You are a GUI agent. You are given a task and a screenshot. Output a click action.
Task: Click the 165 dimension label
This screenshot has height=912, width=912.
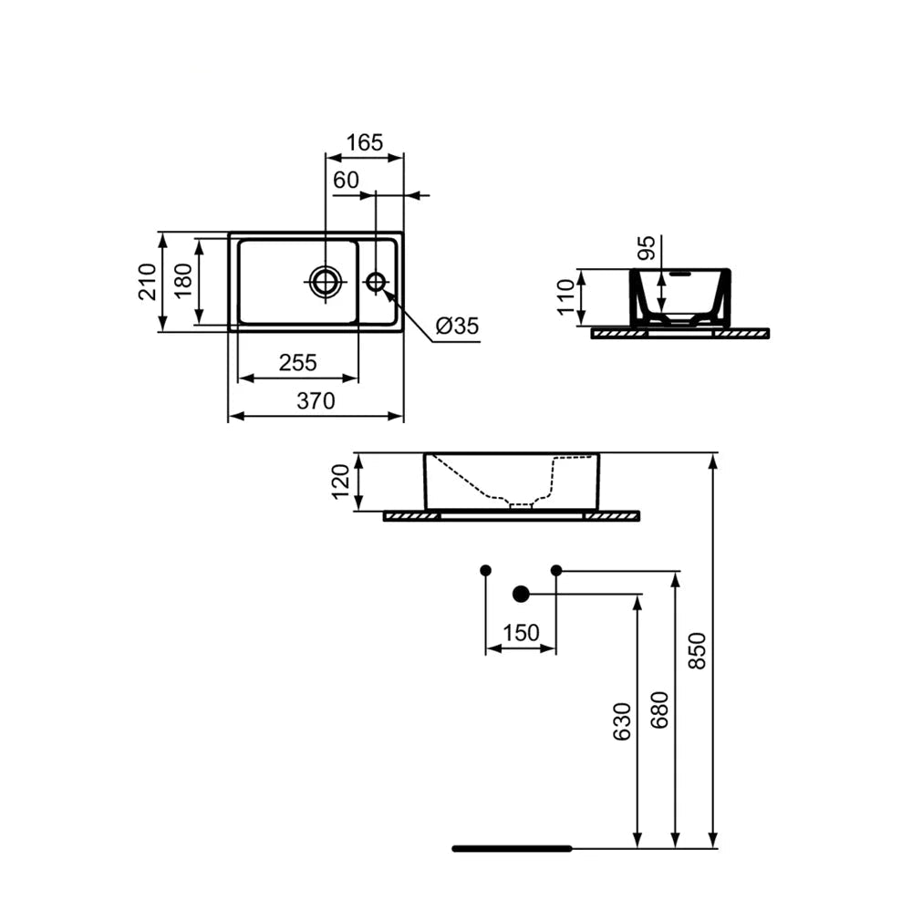pos(365,142)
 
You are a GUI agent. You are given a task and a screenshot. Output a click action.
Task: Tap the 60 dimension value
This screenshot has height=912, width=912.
pos(346,181)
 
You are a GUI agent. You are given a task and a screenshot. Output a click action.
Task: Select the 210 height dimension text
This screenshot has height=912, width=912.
pos(147,282)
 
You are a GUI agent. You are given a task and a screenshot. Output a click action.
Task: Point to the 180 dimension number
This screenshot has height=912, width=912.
pos(182,281)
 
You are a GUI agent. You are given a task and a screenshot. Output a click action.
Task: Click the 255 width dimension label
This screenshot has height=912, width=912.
pos(298,362)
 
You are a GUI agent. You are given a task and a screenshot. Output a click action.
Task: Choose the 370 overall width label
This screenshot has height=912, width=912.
pos(316,400)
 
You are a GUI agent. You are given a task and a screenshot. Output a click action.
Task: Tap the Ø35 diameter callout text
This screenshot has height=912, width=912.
pos(457,326)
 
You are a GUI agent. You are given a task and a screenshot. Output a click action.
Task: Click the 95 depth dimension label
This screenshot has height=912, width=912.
pos(647,248)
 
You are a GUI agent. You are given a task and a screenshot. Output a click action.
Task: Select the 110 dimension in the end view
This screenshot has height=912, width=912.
pos(566,297)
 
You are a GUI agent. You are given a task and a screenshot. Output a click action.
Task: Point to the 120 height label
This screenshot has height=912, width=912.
pos(340,481)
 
